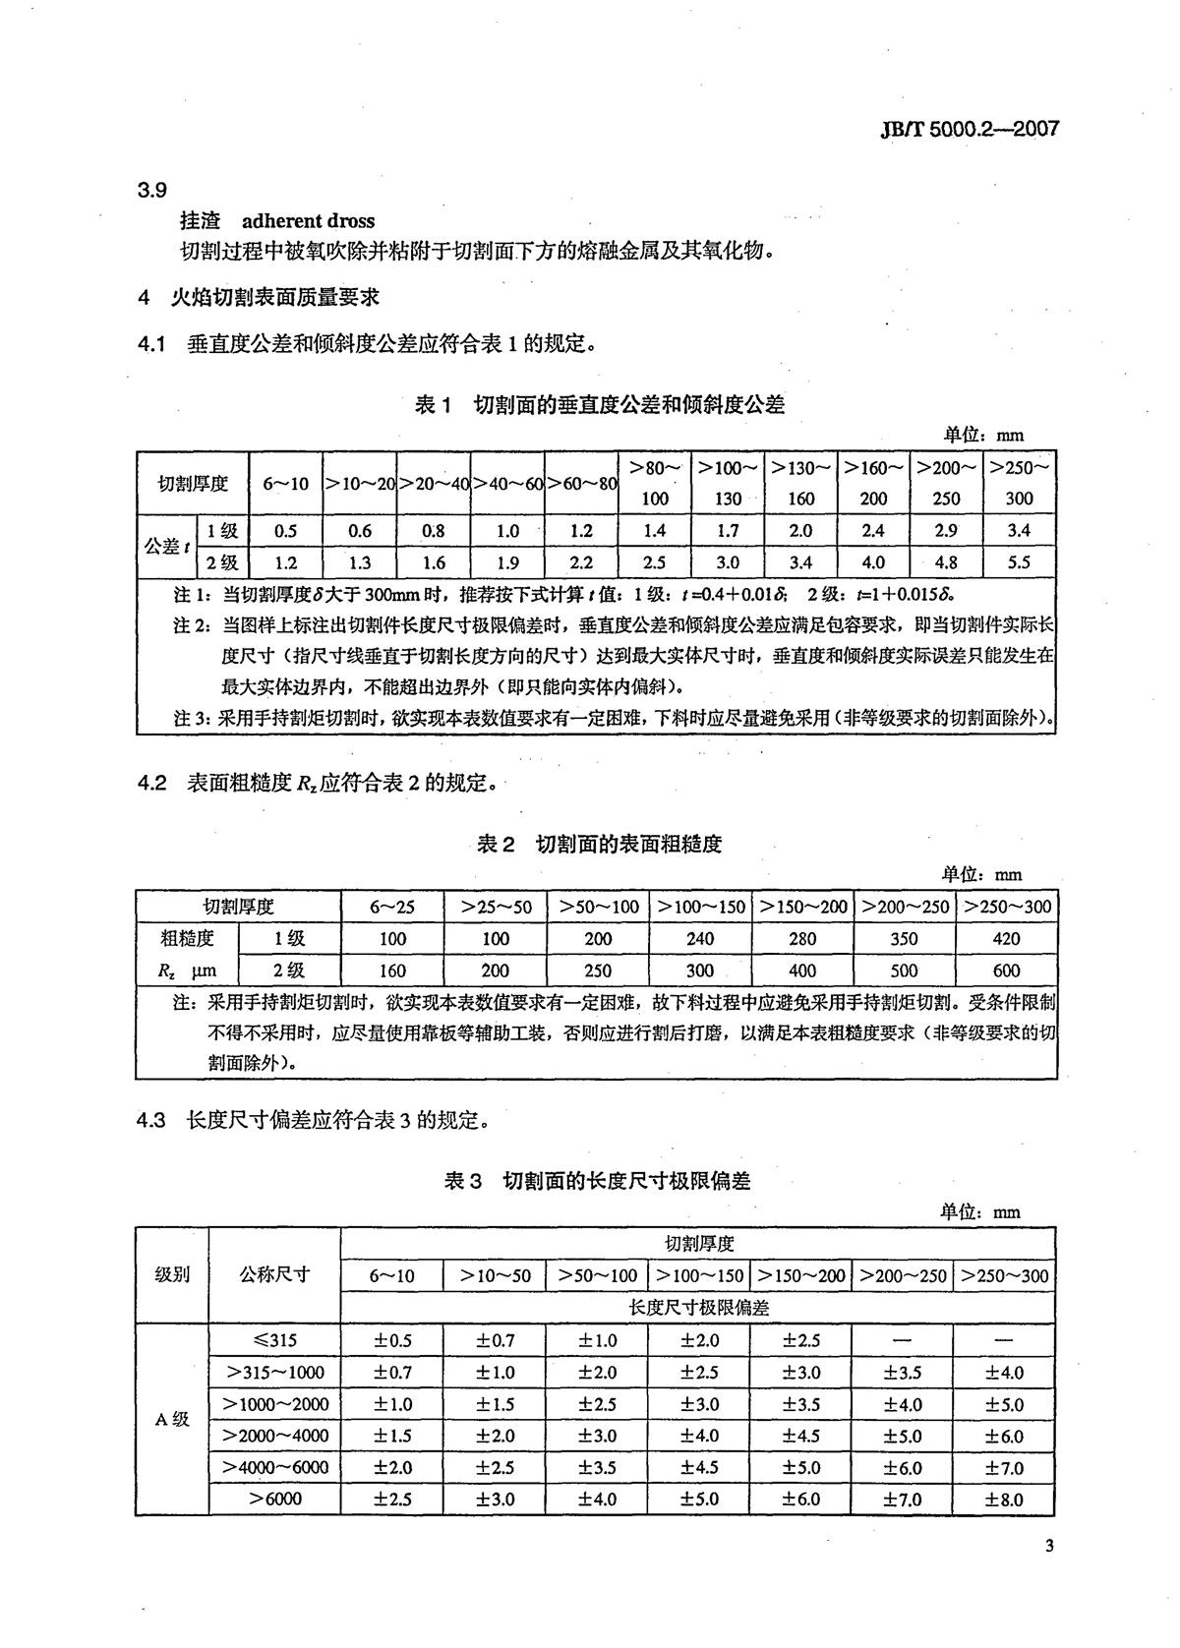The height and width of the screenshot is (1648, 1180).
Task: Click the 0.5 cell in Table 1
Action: (286, 531)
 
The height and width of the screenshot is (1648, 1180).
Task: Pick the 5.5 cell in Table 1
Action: (1019, 563)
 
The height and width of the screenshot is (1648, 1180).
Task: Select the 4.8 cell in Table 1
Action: (946, 563)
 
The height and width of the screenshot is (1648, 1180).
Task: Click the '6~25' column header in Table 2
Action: (392, 907)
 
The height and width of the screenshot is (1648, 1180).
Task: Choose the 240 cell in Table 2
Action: (700, 939)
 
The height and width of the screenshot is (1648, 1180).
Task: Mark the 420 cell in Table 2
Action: (1006, 939)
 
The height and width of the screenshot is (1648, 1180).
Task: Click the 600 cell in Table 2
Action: (1006, 971)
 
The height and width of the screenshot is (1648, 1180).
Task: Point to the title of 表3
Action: (597, 1180)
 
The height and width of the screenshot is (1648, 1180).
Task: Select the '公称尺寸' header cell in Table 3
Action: (274, 1274)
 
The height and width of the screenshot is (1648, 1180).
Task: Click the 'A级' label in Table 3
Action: (172, 1419)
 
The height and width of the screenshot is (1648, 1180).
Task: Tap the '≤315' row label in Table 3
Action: (274, 1340)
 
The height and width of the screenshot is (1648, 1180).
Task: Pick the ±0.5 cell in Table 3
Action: (391, 1340)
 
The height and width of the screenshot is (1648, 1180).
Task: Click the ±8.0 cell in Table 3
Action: (1005, 1500)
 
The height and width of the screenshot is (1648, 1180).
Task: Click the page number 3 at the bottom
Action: (1049, 1547)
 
